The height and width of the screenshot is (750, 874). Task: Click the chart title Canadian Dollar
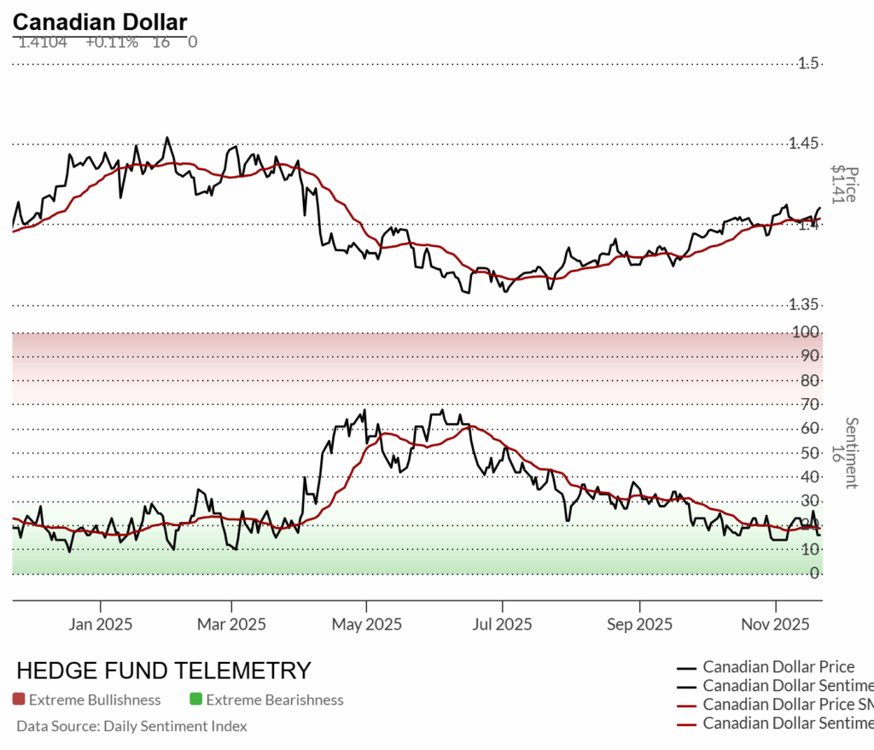[100, 21]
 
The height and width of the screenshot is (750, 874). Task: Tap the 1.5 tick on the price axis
[808, 63]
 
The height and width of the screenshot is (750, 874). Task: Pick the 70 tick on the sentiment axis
[809, 404]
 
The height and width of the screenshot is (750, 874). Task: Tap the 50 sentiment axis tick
[809, 452]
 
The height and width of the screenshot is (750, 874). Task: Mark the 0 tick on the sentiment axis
[814, 572]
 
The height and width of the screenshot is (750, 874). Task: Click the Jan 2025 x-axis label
[101, 624]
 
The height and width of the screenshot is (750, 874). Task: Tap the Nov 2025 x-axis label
[775, 624]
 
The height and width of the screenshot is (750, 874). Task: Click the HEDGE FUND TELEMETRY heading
[164, 670]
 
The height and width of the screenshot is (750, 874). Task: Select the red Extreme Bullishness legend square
[19, 700]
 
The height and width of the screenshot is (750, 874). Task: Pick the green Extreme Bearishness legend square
[195, 700]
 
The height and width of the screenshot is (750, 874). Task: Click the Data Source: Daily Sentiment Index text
[131, 726]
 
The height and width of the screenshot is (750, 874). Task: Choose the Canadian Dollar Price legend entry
[778, 667]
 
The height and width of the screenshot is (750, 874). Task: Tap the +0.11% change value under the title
[111, 41]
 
